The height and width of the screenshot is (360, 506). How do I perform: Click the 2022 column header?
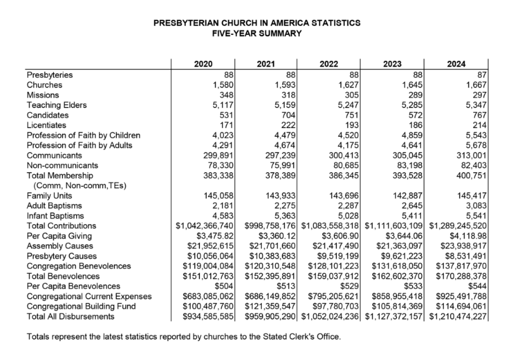328,64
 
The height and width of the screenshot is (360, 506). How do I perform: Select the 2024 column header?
456,64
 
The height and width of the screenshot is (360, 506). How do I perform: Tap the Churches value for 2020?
223,85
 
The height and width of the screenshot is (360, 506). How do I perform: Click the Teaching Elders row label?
57,105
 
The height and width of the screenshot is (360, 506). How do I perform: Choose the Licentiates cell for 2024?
479,125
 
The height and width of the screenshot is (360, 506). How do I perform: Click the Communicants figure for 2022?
344,155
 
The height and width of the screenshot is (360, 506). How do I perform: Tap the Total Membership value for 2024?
471,176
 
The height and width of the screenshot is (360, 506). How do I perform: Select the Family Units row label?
49,196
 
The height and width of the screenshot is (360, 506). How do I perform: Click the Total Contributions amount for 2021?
270,226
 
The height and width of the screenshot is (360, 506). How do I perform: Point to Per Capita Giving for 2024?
468,236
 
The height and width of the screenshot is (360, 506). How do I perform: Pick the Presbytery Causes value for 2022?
338,256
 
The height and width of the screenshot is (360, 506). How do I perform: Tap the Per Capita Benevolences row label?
74,286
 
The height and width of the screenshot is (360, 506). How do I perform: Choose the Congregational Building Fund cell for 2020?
208,307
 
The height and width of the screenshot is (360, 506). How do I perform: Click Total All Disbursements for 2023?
394,316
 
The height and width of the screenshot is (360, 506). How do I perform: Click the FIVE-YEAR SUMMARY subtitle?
257,34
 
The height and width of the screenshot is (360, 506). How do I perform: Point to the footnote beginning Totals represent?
184,337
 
